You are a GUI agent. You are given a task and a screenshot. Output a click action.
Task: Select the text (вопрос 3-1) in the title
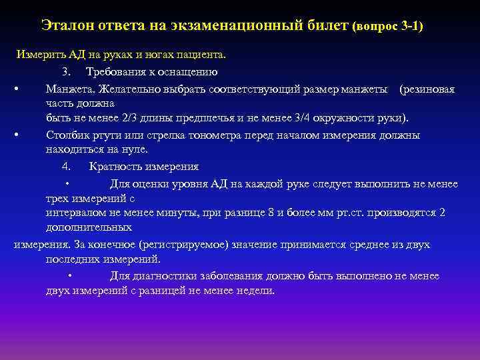[390, 27]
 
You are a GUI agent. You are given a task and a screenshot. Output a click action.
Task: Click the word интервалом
[73, 213]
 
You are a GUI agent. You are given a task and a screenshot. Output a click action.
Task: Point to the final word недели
[255, 291]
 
